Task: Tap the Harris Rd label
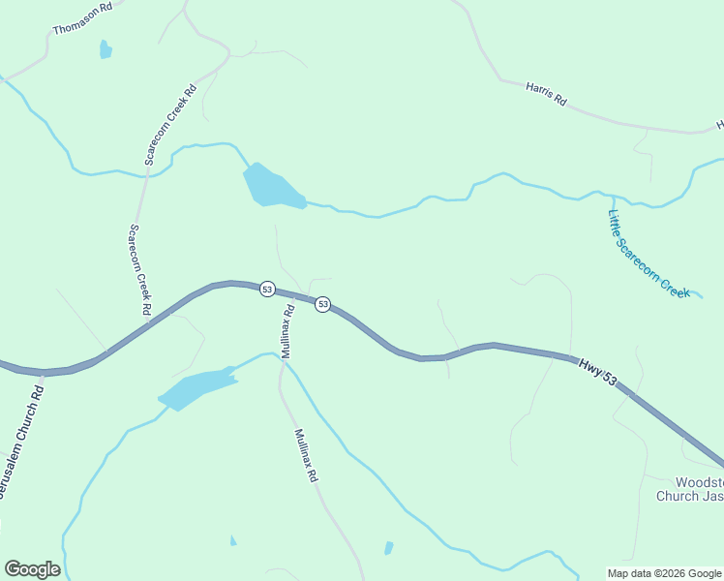(x=546, y=94)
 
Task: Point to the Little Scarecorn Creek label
(x=648, y=254)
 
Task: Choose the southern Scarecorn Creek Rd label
(x=140, y=269)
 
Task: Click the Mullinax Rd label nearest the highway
(x=287, y=331)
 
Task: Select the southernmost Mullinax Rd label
(x=307, y=456)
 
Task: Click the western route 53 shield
(x=267, y=289)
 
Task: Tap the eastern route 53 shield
(x=323, y=304)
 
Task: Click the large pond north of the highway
(x=270, y=186)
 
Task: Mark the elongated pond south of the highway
(x=197, y=388)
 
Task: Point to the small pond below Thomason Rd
(x=105, y=49)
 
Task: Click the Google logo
(x=32, y=569)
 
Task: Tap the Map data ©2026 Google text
(x=664, y=573)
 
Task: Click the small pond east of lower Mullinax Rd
(x=389, y=548)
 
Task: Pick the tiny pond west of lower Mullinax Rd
(x=233, y=540)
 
